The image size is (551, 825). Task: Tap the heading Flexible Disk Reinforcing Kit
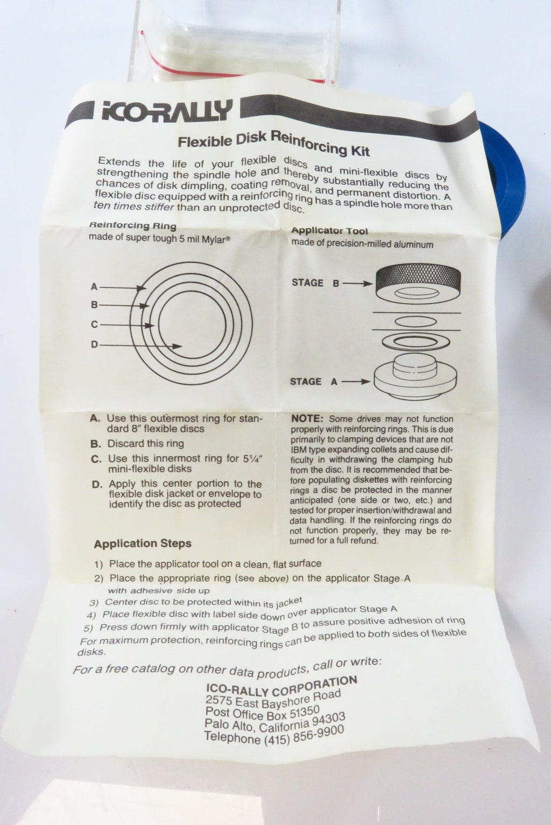[x=274, y=143]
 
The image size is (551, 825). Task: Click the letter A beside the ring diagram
[x=94, y=286]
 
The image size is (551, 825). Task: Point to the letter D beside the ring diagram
[x=95, y=345]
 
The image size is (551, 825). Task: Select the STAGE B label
[x=315, y=283]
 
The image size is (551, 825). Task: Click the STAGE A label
[x=314, y=382]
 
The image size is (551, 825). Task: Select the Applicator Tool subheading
[x=330, y=231]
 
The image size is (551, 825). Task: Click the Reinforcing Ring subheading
[x=133, y=225]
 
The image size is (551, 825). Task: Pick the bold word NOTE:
[x=307, y=419]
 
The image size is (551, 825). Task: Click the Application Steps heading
[x=143, y=544]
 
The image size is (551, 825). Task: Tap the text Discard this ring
[x=145, y=443]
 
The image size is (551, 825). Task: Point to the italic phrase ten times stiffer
[x=133, y=206]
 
